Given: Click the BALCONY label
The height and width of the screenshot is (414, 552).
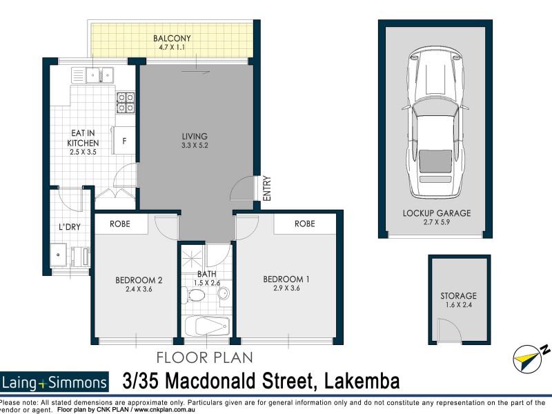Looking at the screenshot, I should click(x=172, y=39).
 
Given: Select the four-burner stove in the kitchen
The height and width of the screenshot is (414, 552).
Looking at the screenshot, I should click(x=126, y=102).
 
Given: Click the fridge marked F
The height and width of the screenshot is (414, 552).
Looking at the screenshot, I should click(x=124, y=141).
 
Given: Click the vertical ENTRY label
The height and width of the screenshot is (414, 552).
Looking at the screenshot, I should click(x=267, y=189).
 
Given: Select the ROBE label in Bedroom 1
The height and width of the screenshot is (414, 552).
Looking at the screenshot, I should click(x=304, y=224).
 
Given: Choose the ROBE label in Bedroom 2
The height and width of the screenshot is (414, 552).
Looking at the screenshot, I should click(x=121, y=224).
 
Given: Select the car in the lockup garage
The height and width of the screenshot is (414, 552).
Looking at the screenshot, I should click(x=435, y=121).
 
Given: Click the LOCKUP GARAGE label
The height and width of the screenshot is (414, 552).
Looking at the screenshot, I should click(x=436, y=213).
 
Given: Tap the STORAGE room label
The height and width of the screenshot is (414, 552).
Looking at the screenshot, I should click(x=458, y=296).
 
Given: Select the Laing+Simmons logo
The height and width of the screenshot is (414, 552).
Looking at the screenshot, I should click(x=55, y=382).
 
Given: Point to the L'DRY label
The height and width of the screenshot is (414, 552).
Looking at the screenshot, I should click(x=68, y=226).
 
